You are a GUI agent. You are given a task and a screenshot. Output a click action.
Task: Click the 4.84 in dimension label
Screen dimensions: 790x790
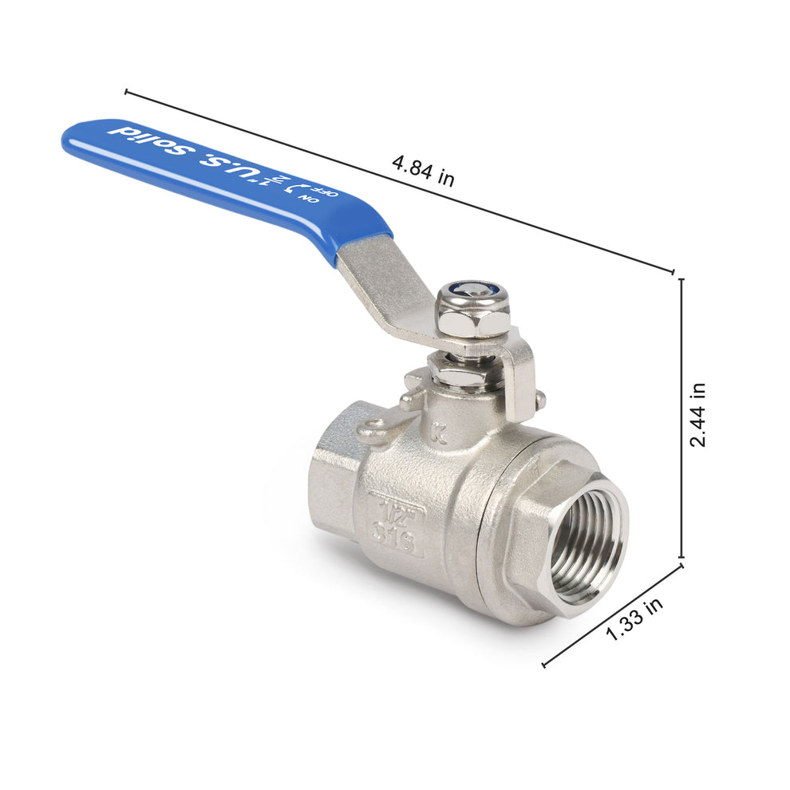423,171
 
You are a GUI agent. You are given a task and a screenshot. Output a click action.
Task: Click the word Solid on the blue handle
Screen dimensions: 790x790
148,139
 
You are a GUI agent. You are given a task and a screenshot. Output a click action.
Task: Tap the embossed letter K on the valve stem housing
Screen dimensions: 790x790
435,436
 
